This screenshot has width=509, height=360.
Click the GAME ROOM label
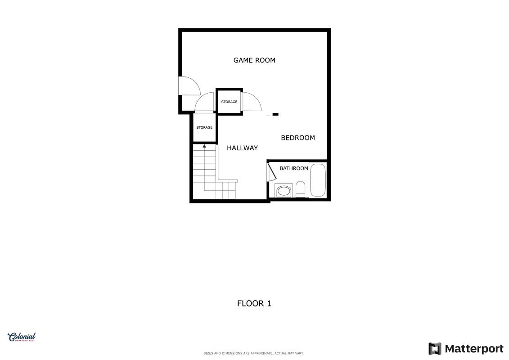tap(254, 60)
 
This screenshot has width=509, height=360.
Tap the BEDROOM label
tap(297, 138)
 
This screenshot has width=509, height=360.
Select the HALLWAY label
tap(242, 148)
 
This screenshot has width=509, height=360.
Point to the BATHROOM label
tap(294, 168)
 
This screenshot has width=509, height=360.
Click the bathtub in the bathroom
tap(317, 180)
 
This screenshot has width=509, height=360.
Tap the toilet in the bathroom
tap(300, 189)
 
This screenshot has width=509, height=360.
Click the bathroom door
tap(271, 172)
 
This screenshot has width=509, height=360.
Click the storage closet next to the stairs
tap(204, 127)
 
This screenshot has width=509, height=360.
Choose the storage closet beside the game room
tap(229, 102)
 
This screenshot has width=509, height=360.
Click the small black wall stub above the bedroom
tap(275, 114)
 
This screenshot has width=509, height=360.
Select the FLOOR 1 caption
tap(254, 303)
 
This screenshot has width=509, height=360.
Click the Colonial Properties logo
tap(22, 337)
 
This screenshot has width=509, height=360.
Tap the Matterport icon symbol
tap(435, 349)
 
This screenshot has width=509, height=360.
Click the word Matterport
tap(474, 349)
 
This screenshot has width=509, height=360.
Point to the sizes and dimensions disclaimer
tap(253, 353)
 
